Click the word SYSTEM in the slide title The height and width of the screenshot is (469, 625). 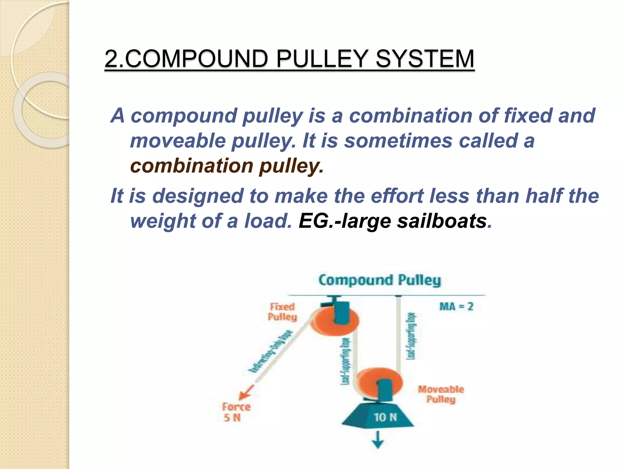425,59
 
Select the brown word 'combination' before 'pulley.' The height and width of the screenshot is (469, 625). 192,166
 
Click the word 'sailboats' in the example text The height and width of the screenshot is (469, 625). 442,221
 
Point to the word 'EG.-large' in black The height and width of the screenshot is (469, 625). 345,221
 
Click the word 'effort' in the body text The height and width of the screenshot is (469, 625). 397,196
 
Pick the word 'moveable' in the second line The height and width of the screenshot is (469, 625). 178,141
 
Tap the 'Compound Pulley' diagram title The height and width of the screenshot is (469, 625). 380,280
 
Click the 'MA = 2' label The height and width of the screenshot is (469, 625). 456,306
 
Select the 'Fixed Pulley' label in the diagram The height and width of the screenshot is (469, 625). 282,312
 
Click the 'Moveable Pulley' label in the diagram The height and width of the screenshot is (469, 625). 441,394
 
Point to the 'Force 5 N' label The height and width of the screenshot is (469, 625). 236,412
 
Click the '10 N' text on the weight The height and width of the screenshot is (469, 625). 385,417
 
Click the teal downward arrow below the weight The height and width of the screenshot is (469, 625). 378,440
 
